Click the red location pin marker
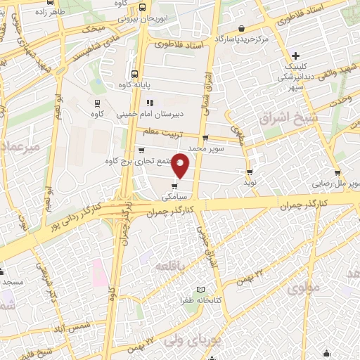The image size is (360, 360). [x=181, y=165]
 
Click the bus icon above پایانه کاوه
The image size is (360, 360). [x=134, y=73]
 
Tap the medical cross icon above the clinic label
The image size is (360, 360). [x=296, y=56]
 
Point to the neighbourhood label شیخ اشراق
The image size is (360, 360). [x=281, y=117]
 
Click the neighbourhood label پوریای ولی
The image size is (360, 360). [x=188, y=340]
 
